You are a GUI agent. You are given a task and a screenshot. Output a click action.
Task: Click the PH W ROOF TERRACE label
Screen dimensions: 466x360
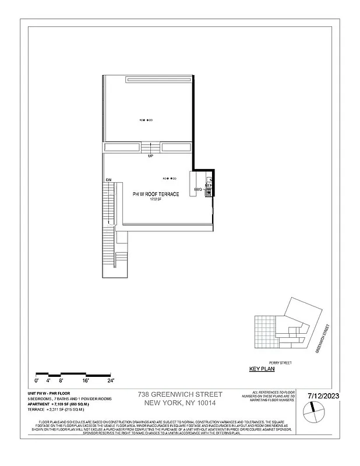pyautogui.click(x=155, y=194)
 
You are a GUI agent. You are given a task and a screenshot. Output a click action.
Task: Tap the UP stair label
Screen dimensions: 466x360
pyautogui.click(x=150, y=156)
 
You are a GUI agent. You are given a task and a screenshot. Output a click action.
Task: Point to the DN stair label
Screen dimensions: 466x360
pyautogui.click(x=108, y=180)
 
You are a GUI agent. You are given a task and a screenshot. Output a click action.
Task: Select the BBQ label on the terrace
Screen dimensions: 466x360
pyautogui.click(x=198, y=189)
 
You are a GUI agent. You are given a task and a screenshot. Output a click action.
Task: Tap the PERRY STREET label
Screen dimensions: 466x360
pyautogui.click(x=280, y=362)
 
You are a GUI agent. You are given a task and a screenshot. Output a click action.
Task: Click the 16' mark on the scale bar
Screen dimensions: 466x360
pyautogui.click(x=86, y=380)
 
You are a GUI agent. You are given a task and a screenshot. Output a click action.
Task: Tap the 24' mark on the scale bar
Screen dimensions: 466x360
pyautogui.click(x=110, y=380)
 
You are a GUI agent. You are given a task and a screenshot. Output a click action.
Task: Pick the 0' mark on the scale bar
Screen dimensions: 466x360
pyautogui.click(x=36, y=380)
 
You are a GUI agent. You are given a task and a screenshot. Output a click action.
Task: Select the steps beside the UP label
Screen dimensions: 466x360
pyautogui.click(x=150, y=147)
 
